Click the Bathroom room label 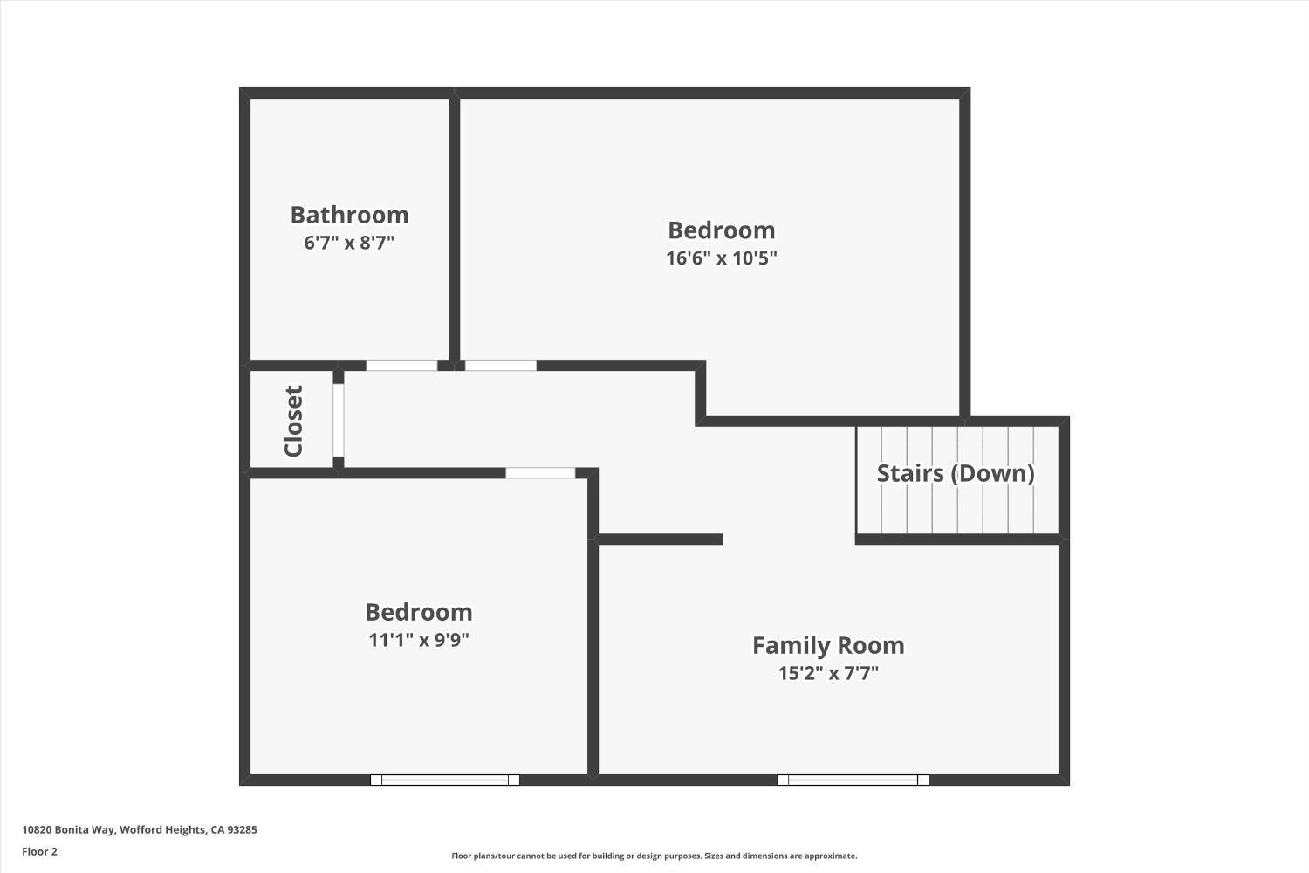[349, 215]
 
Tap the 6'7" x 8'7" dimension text [349, 243]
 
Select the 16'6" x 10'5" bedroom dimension [721, 258]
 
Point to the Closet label [294, 421]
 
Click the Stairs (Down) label [956, 473]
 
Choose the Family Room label [828, 645]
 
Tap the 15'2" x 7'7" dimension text [828, 673]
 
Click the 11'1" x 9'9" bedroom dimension [419, 640]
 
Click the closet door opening [339, 420]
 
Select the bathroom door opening [401, 366]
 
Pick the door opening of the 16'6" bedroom [500, 366]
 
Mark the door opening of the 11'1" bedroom [540, 473]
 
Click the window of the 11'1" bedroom [445, 780]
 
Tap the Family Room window [853, 780]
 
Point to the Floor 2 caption [39, 851]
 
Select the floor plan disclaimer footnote [654, 856]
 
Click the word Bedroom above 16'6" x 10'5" [721, 230]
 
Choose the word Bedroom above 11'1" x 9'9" [419, 612]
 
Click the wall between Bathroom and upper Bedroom [455, 227]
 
